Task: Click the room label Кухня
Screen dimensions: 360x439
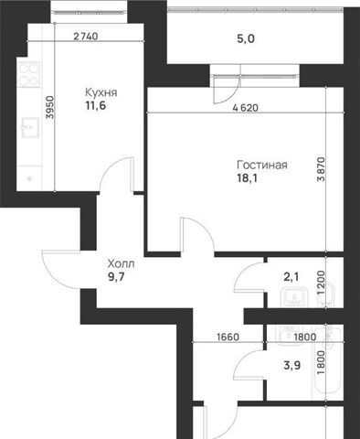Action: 101,92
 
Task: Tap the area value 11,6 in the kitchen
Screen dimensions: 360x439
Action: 96,106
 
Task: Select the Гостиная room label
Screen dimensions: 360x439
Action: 262,165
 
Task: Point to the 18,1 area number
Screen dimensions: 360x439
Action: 247,178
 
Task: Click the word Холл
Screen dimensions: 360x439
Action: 121,263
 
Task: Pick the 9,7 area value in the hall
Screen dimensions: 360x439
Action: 116,277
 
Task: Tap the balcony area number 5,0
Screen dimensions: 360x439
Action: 246,39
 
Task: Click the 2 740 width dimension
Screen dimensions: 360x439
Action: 86,37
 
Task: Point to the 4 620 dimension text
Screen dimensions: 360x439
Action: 245,108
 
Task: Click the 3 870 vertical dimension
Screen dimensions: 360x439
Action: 321,169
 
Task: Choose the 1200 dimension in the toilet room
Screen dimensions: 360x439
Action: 321,283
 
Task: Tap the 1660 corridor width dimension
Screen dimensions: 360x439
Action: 228,337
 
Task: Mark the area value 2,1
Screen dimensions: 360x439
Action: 291,277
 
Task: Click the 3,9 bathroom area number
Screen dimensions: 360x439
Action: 292,365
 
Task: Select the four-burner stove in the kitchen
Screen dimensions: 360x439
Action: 29,74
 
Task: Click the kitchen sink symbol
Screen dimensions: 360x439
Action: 30,127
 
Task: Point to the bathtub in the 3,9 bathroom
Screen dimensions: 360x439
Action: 327,362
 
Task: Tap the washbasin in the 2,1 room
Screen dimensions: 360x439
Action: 294,298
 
